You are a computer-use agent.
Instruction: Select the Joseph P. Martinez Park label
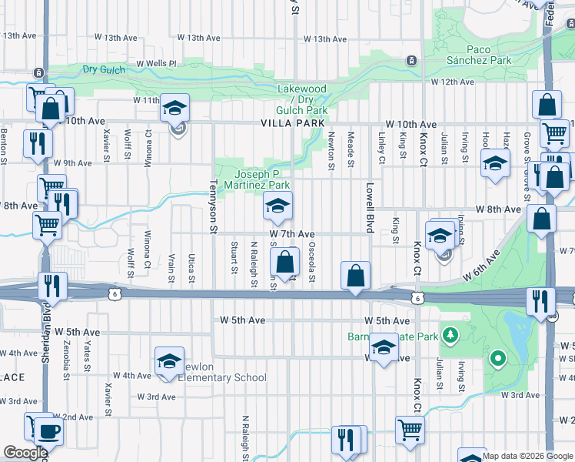click(261, 179)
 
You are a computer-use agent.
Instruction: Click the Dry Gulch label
click(104, 69)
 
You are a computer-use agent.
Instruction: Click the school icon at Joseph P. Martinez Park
click(278, 205)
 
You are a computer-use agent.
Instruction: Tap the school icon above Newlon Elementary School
click(169, 360)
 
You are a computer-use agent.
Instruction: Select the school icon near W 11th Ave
click(174, 107)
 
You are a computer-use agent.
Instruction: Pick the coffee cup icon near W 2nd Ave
click(50, 431)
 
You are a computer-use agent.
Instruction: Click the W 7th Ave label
click(292, 233)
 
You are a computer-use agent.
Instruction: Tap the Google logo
click(25, 453)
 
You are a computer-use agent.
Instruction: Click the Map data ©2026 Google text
click(527, 456)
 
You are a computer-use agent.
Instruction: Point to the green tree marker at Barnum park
click(497, 358)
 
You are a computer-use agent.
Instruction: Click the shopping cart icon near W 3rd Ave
click(410, 429)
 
